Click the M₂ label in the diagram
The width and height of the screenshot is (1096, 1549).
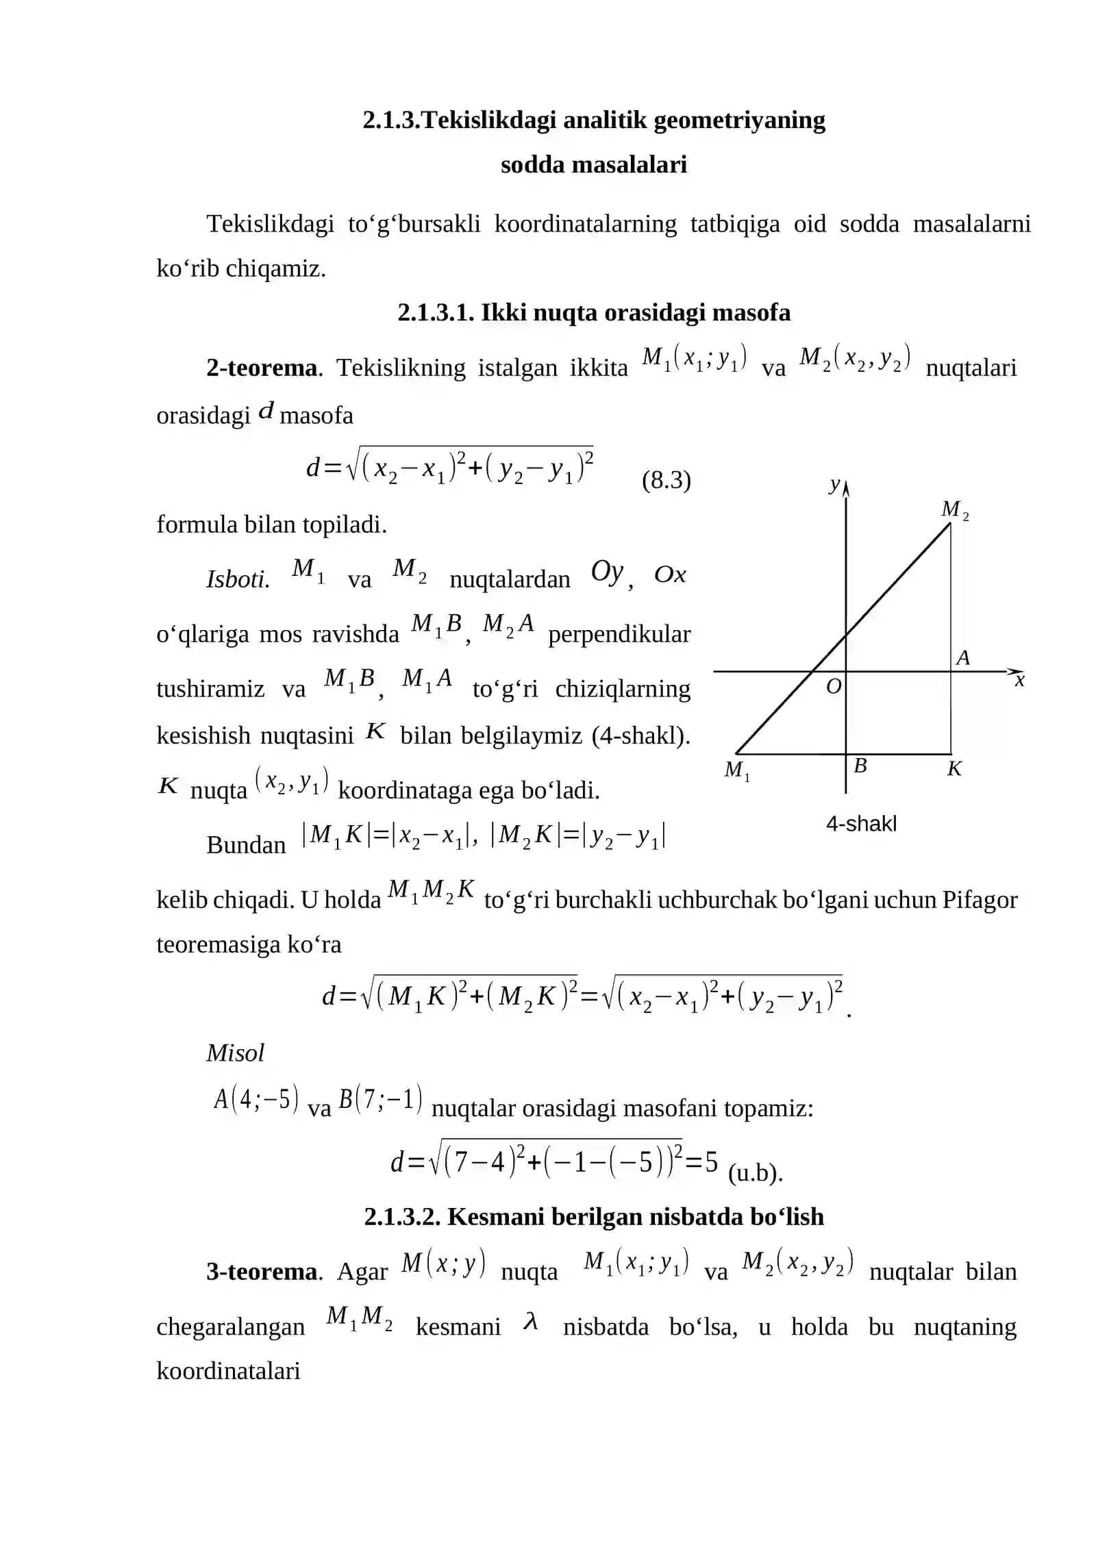pos(954,509)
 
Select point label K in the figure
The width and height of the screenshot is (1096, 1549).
pos(954,769)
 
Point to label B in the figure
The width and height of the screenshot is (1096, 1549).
pos(860,766)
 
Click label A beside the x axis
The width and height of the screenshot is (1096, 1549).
pos(962,658)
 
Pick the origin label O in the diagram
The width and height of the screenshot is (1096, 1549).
pos(833,686)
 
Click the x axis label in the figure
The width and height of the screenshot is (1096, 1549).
pos(1019,680)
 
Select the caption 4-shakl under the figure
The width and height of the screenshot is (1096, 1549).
pos(861,823)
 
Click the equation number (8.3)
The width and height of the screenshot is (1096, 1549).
pos(666,480)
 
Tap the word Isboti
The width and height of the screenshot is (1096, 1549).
pos(238,579)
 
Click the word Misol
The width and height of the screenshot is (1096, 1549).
pos(235,1053)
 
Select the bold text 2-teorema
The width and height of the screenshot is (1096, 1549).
pos(262,368)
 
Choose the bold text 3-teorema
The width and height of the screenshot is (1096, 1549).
pos(262,1272)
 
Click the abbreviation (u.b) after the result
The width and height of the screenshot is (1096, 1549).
pos(755,1173)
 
